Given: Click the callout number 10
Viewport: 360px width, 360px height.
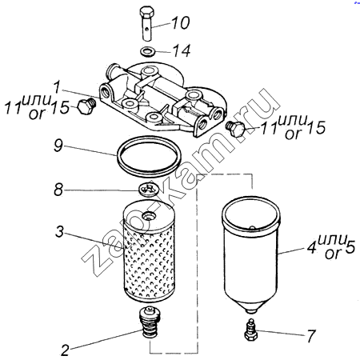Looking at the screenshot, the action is pyautogui.click(x=181, y=22).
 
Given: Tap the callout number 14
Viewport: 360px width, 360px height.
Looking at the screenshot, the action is pyautogui.click(x=182, y=50).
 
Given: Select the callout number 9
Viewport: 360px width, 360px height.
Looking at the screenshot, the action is pyautogui.click(x=58, y=146).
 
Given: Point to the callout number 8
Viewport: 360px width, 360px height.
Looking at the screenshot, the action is pyautogui.click(x=58, y=190).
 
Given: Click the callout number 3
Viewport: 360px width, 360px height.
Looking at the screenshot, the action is pyautogui.click(x=60, y=231).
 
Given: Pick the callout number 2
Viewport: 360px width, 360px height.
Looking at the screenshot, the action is pyautogui.click(x=65, y=350).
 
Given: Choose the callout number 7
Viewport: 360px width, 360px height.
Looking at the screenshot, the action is pyautogui.click(x=311, y=336).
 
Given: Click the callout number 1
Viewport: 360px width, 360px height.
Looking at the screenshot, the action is pyautogui.click(x=57, y=87).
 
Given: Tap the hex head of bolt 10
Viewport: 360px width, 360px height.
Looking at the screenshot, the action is pyautogui.click(x=146, y=12).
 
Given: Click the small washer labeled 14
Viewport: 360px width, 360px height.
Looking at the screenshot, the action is pyautogui.click(x=146, y=51).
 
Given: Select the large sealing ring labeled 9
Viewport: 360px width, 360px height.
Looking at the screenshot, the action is pyautogui.click(x=150, y=156).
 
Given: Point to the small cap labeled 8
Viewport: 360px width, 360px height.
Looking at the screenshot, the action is pyautogui.click(x=149, y=190).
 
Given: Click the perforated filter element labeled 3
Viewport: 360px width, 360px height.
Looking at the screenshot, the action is pyautogui.click(x=149, y=252).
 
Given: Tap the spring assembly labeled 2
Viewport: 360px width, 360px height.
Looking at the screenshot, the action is pyautogui.click(x=150, y=322).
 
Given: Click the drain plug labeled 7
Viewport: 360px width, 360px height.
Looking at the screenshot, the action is pyautogui.click(x=251, y=330).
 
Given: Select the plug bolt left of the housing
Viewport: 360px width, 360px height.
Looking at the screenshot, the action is pyautogui.click(x=86, y=106).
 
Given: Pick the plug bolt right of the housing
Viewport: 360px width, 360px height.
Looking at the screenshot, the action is pyautogui.click(x=235, y=129).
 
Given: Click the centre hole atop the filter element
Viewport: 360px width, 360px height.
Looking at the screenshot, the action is pyautogui.click(x=147, y=215).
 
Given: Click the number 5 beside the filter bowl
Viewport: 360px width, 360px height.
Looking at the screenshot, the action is pyautogui.click(x=350, y=246).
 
